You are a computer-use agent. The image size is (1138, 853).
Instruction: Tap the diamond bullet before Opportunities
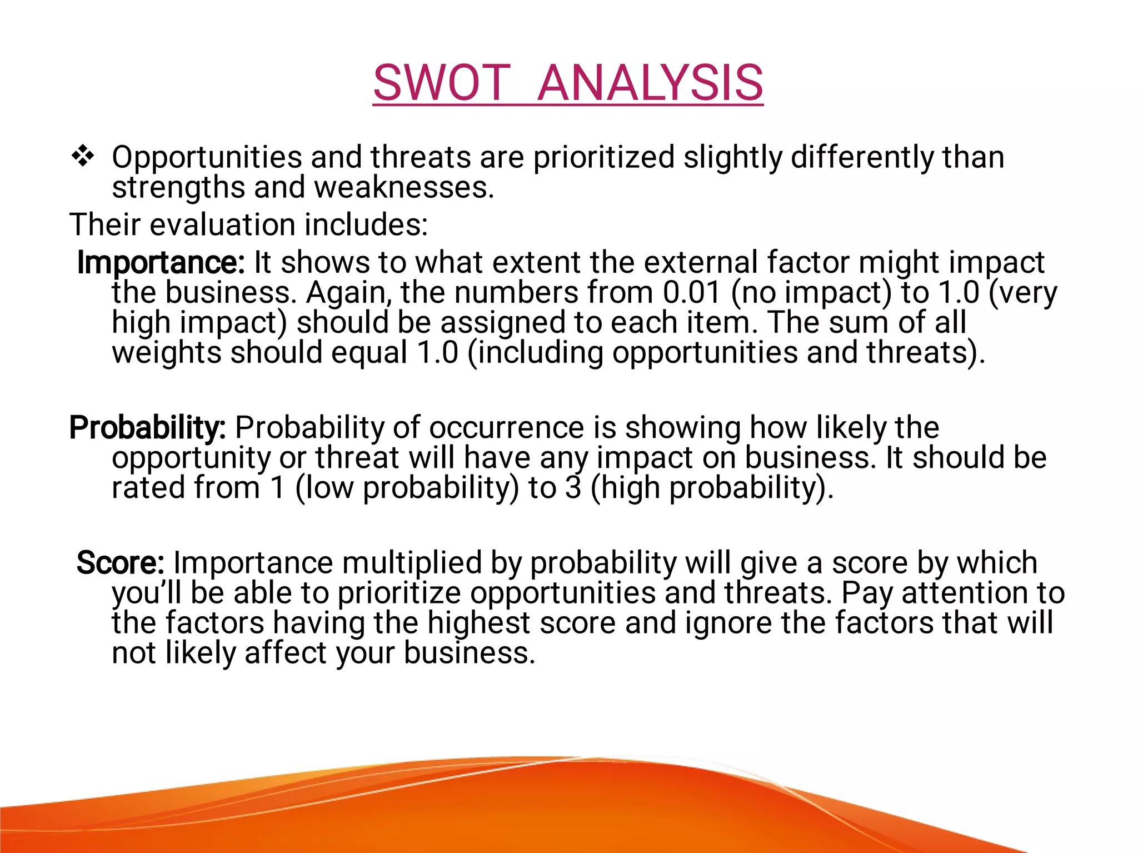(x=83, y=156)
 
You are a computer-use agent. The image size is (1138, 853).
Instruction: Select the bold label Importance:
(x=161, y=262)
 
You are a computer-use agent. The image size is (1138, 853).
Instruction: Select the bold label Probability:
(x=147, y=427)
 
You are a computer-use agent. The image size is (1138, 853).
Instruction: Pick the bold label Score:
(x=120, y=562)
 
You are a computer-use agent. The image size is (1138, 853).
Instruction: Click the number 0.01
(x=692, y=292)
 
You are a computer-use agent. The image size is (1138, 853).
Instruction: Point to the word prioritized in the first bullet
(x=603, y=157)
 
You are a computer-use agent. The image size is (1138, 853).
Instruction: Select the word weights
(x=167, y=353)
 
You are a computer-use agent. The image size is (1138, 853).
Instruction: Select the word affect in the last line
(x=285, y=653)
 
